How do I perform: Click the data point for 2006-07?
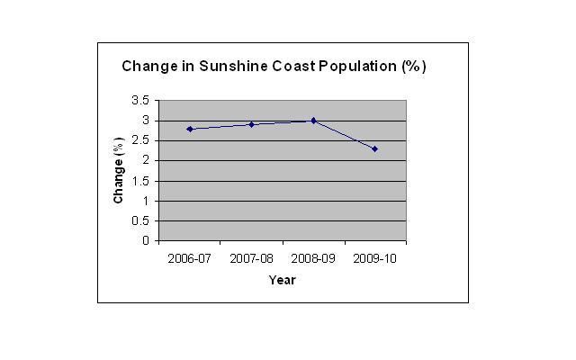[x=190, y=129]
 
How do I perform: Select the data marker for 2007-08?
[x=251, y=124]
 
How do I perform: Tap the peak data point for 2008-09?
[x=313, y=120]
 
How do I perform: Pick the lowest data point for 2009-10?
[x=374, y=148]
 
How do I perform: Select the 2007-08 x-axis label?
[x=251, y=258]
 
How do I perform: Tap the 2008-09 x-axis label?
[x=313, y=258]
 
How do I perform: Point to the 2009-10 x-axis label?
[x=374, y=258]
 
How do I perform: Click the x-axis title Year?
[x=282, y=280]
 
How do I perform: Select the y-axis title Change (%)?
[x=118, y=170]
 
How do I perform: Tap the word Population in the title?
[x=353, y=67]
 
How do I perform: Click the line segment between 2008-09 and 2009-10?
[x=344, y=134]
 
